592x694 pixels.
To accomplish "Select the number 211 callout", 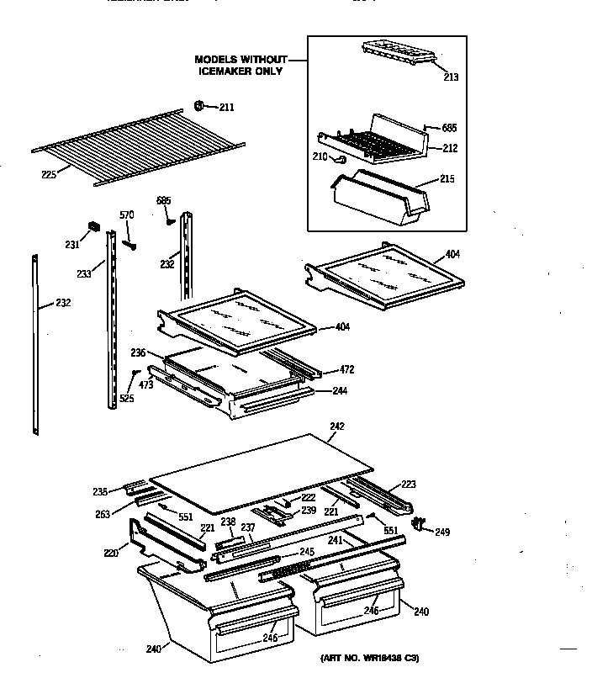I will click(x=226, y=107).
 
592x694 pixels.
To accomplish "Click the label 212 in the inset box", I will click(x=450, y=150).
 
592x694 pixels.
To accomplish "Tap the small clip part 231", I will click(x=93, y=227).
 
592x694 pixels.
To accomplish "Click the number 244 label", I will click(x=339, y=390).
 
